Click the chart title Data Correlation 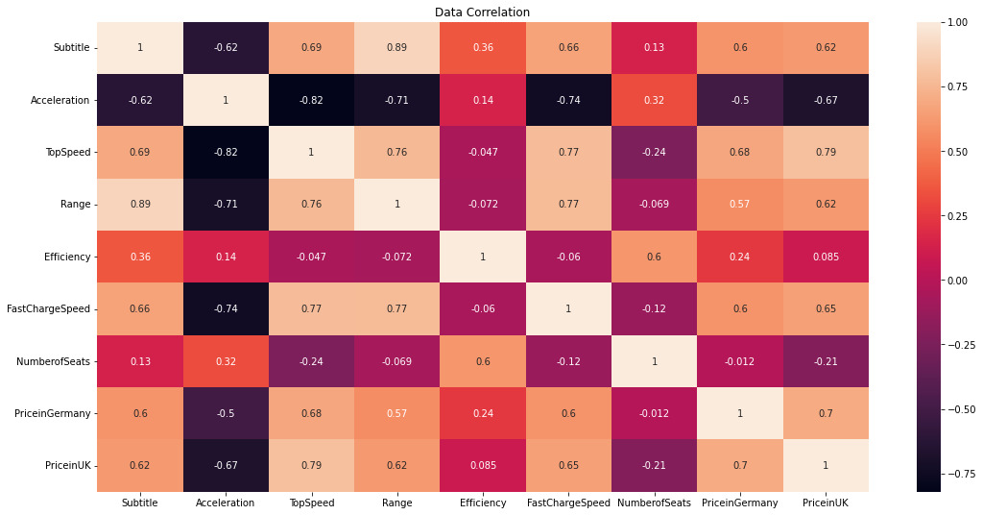point(482,12)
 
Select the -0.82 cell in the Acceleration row point(311,100)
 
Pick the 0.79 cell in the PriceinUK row point(311,465)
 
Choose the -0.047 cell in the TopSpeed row point(482,152)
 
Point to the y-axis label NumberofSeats point(56,361)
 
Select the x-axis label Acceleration point(226,503)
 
